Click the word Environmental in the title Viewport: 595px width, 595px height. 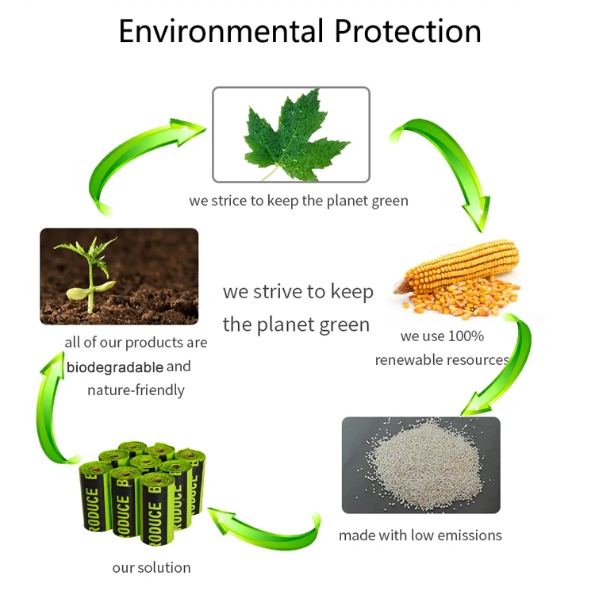[x=221, y=31]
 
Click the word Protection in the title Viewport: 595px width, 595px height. [x=408, y=31]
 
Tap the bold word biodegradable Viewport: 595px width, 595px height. [x=115, y=367]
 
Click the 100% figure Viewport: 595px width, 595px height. [x=466, y=336]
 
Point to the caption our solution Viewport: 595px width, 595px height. [x=152, y=568]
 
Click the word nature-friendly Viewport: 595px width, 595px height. [x=136, y=390]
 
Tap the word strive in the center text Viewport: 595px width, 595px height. [x=278, y=291]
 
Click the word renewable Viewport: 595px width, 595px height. [x=402, y=359]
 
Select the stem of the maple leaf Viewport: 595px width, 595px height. [x=270, y=173]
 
